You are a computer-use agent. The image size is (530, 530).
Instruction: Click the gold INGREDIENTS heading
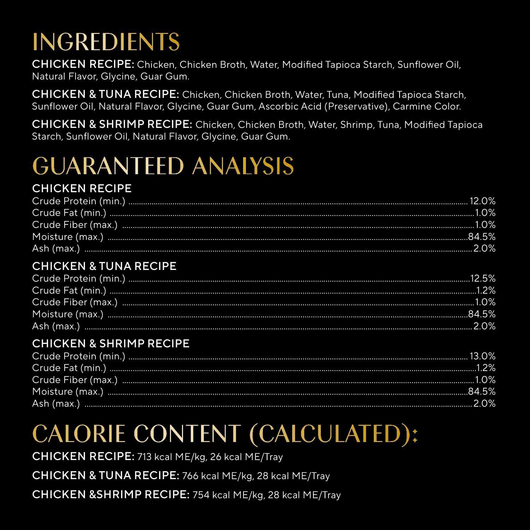[106, 42]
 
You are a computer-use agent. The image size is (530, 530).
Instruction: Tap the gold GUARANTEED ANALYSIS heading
[163, 166]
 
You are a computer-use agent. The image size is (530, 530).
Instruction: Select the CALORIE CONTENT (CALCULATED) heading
[225, 434]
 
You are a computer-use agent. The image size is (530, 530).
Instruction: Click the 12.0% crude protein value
[482, 201]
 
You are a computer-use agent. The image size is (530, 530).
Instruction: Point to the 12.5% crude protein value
[483, 278]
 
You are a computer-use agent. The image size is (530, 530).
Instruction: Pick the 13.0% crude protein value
[482, 356]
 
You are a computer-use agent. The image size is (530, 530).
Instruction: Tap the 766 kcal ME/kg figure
[218, 476]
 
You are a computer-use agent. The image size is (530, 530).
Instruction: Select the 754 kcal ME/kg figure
[228, 495]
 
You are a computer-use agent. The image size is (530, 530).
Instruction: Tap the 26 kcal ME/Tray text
[247, 457]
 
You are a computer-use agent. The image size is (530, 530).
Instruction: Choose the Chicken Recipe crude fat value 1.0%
[486, 213]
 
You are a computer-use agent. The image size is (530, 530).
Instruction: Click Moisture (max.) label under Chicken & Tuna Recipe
[67, 314]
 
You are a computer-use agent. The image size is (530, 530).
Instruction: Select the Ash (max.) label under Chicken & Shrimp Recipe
[56, 404]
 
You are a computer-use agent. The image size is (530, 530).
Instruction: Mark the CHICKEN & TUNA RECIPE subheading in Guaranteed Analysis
[104, 266]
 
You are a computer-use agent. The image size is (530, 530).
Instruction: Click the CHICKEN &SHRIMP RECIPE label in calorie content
[111, 495]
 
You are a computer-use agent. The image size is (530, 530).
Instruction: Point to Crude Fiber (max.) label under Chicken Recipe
[75, 225]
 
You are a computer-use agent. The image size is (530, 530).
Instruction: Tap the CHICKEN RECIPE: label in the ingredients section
[83, 64]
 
